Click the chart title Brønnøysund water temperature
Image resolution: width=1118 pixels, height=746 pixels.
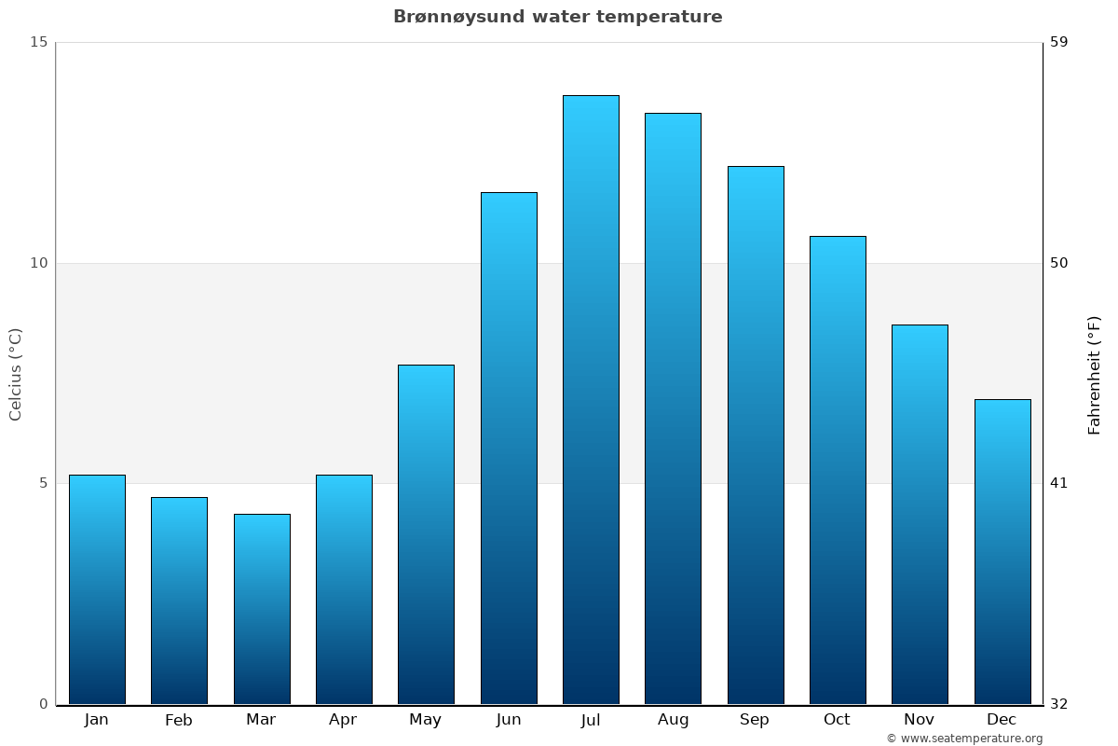pyautogui.click(x=557, y=17)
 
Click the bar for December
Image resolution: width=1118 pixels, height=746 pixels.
pyautogui.click(x=1002, y=551)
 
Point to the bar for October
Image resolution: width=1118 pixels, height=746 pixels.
pyautogui.click(x=838, y=470)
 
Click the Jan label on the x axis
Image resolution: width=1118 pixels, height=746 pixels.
pyautogui.click(x=96, y=720)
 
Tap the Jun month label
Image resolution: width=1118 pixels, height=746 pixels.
pyautogui.click(x=509, y=720)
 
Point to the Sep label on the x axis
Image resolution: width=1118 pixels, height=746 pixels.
pyautogui.click(x=755, y=720)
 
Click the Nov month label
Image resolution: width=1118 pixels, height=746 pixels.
pyautogui.click(x=920, y=720)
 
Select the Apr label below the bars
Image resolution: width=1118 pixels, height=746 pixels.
pyautogui.click(x=343, y=720)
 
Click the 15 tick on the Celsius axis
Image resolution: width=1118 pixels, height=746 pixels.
pyautogui.click(x=38, y=42)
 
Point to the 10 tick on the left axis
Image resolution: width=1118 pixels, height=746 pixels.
pyautogui.click(x=38, y=263)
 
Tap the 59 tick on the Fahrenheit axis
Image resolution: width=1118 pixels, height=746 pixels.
pyautogui.click(x=1059, y=42)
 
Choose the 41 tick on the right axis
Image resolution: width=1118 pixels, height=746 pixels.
pyautogui.click(x=1059, y=483)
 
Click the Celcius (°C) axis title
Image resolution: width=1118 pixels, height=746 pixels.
pyautogui.click(x=16, y=374)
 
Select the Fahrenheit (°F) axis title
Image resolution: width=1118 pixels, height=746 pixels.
pyautogui.click(x=1095, y=374)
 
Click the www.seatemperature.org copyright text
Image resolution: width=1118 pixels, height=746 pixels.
pyautogui.click(x=964, y=739)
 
